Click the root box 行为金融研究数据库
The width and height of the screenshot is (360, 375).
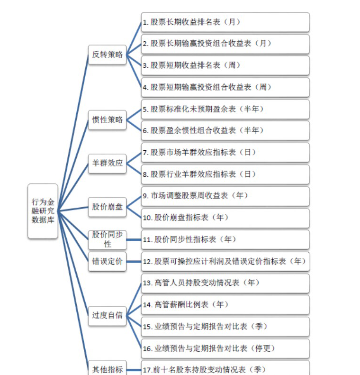[43, 211]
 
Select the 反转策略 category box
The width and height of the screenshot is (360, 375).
[107, 55]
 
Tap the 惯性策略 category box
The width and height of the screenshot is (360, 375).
[107, 119]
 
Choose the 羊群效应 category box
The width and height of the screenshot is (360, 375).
[107, 163]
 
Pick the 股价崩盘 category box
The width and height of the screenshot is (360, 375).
[107, 207]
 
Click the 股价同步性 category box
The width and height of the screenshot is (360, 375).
[107, 239]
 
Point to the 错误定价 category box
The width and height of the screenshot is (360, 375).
[107, 261]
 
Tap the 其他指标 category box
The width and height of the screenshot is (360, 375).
[107, 368]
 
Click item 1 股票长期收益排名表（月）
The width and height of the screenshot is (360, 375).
[225, 22]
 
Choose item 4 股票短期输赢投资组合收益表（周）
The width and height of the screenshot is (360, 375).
[225, 87]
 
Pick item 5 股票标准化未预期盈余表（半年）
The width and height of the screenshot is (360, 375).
[225, 109]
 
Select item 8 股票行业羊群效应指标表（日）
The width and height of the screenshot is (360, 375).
[225, 174]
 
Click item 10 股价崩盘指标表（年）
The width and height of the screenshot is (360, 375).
[225, 218]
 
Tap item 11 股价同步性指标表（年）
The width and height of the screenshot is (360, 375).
[225, 240]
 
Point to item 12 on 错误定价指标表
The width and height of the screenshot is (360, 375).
[225, 261]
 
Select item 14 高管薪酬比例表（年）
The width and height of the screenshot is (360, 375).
[225, 305]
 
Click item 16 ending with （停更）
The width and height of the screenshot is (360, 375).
[225, 348]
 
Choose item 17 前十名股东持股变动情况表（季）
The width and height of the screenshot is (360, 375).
[225, 368]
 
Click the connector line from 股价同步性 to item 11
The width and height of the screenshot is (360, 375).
[134, 240]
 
